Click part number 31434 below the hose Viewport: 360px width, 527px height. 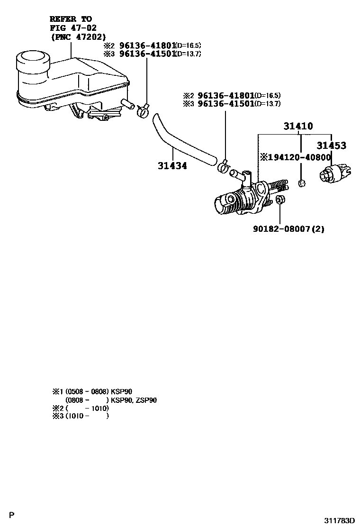172,166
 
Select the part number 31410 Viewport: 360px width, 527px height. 298,127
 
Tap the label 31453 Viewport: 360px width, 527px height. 331,146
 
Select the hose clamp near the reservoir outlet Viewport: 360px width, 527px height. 143,111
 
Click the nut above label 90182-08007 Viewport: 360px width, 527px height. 279,200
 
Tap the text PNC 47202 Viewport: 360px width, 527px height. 78,36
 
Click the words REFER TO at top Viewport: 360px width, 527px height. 71,19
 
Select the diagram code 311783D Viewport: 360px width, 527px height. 339,520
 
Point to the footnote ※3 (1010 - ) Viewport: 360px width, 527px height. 81,416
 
